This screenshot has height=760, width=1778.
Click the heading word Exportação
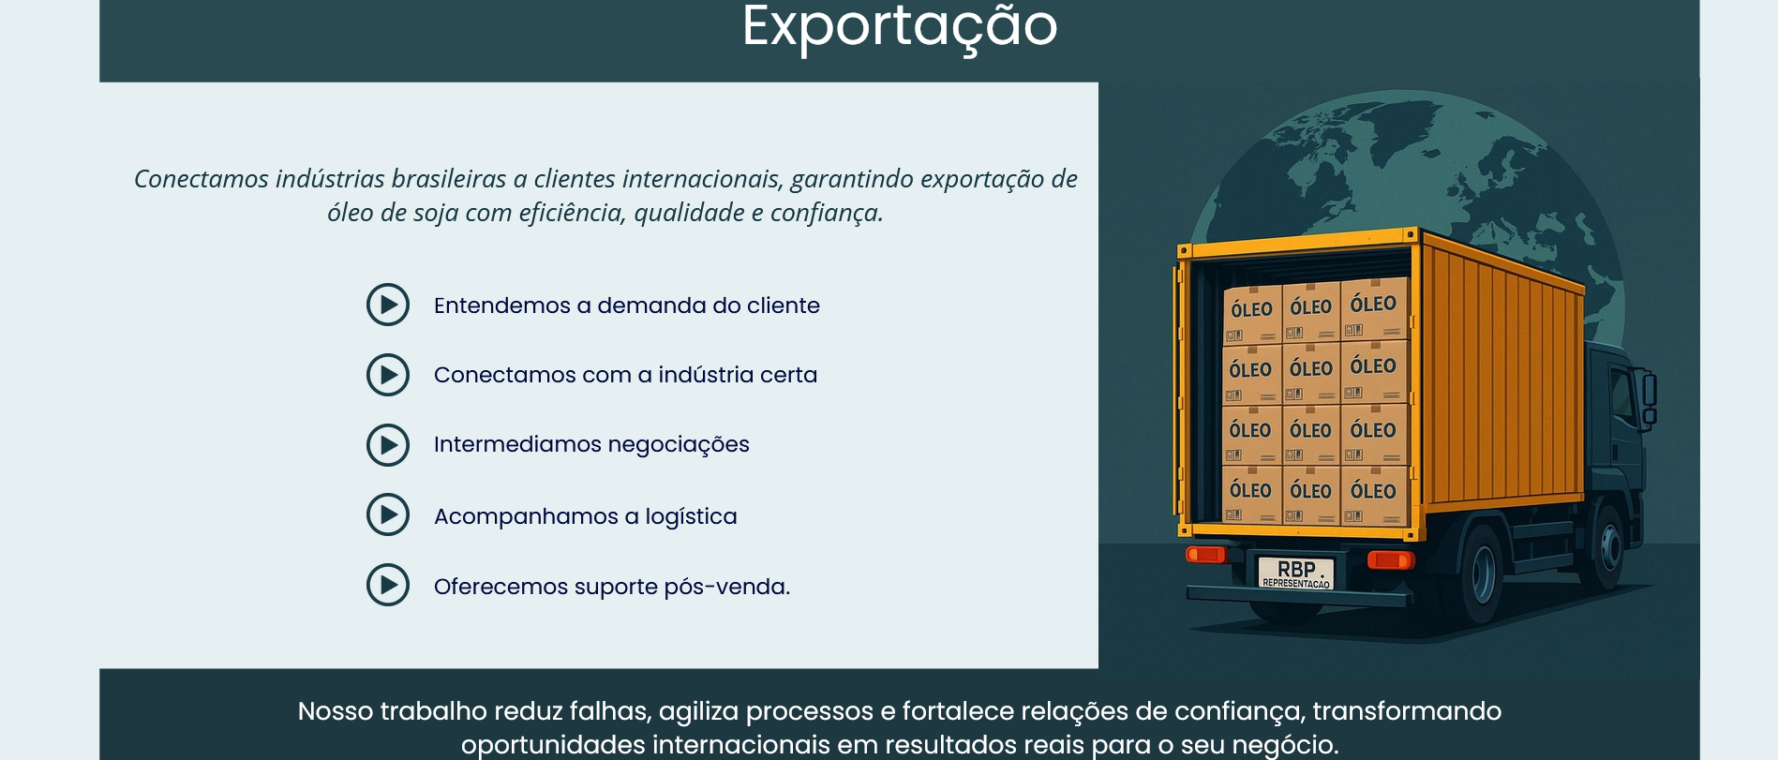coord(900,26)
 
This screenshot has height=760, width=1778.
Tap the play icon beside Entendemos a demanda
coord(388,305)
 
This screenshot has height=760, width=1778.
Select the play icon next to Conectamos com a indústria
coord(388,375)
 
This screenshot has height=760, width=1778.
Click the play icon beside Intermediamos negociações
coord(388,445)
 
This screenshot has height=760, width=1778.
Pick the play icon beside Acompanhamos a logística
coord(388,514)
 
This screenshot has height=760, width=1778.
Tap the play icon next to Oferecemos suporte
coord(388,585)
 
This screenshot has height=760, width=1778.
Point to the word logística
coord(691,516)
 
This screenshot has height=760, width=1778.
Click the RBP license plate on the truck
coord(1295,572)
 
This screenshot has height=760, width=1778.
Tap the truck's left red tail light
coord(1206,554)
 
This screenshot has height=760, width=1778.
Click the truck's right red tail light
coord(1390,559)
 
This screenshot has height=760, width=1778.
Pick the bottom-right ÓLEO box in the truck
coord(1373,495)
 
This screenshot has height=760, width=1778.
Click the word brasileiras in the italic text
coord(449,179)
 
